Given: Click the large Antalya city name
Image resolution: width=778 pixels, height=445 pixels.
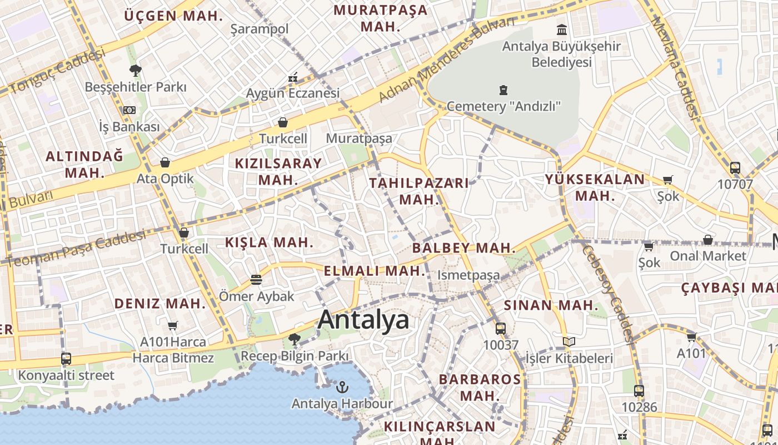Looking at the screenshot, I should tap(364, 320).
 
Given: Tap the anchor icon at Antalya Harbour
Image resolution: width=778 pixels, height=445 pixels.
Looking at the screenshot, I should tap(342, 387).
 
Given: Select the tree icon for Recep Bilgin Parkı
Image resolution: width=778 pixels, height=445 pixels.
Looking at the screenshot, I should tap(295, 339).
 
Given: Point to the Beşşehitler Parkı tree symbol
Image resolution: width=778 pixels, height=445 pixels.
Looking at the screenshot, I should tap(135, 70).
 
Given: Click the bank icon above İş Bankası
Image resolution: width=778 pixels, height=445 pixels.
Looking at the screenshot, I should tap(129, 110).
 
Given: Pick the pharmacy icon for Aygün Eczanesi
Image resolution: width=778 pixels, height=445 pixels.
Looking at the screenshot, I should tap(293, 77).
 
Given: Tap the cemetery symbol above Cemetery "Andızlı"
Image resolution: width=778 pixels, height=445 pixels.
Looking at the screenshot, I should tap(503, 90).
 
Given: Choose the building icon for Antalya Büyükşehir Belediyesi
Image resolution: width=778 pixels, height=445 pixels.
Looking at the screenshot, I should tap(562, 29).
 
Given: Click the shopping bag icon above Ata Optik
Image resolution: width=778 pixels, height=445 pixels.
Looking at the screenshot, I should tap(165, 162).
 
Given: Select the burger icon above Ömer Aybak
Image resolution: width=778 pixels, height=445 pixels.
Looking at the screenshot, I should tap(256, 279).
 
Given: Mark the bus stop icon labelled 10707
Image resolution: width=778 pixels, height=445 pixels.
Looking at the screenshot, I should tap(735, 167).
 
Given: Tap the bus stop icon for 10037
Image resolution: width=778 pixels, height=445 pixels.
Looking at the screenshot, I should tap(500, 328).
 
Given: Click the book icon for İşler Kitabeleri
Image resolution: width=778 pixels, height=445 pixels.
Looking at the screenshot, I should tap(568, 342).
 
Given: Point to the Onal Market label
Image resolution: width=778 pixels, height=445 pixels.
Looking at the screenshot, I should tap(707, 256).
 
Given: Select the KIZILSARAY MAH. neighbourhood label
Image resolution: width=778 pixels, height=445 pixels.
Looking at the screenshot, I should tap(278, 171).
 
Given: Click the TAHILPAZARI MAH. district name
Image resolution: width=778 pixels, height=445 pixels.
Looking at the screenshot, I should tap(419, 191).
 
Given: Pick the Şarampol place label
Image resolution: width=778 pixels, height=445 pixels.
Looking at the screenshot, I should tap(260, 29).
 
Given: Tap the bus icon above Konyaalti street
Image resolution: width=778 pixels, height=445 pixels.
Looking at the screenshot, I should tap(66, 359).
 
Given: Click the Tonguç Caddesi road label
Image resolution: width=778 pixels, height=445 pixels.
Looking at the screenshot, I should tap(57, 71).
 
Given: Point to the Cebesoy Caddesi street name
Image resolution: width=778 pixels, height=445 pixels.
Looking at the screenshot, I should tap(607, 292).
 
